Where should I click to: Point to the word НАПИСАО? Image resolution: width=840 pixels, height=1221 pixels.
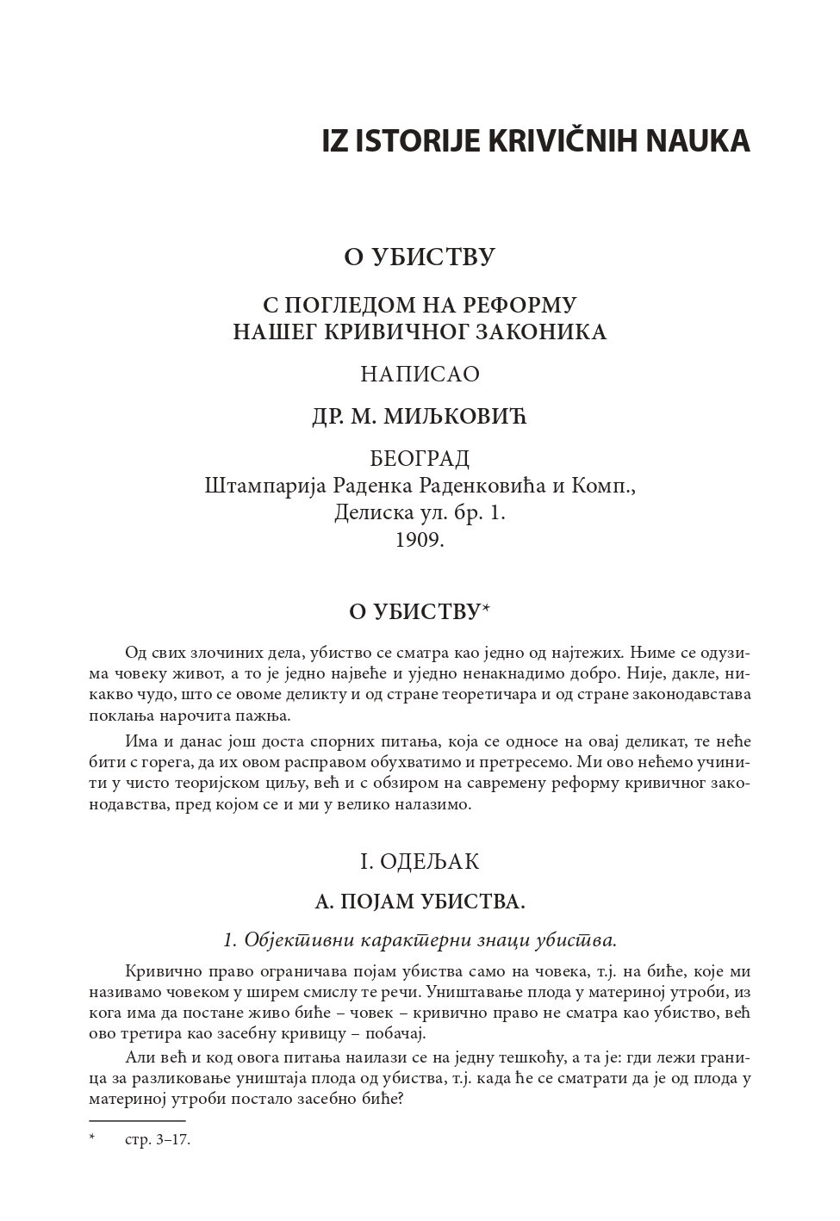[420, 375]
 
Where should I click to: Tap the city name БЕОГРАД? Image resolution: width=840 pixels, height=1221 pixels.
[420, 458]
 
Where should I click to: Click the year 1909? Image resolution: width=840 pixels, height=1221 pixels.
[420, 540]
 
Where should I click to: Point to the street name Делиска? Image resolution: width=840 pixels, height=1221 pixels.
[370, 513]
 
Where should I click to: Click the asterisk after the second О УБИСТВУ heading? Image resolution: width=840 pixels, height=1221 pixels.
[486, 609]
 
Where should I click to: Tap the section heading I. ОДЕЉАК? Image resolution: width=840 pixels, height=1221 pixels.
[420, 862]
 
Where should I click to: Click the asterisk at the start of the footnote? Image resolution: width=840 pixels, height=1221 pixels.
[92, 1139]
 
